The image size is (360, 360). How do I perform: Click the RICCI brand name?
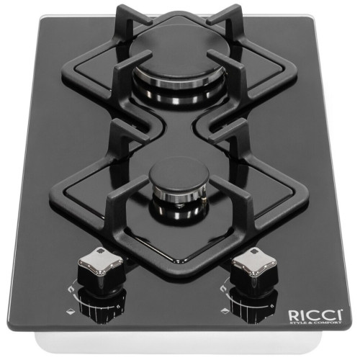pyautogui.click(x=315, y=315)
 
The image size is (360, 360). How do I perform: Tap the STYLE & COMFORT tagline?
pyautogui.click(x=315, y=323)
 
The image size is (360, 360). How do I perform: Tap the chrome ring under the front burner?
pyautogui.click(x=179, y=195)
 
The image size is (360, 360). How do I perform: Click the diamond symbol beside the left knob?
pyautogui.click(x=70, y=312)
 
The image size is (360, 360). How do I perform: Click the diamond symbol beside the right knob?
pyautogui.click(x=225, y=310)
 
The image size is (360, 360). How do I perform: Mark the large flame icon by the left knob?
pyautogui.click(x=71, y=290)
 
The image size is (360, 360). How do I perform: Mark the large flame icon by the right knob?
pyautogui.click(x=225, y=287)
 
